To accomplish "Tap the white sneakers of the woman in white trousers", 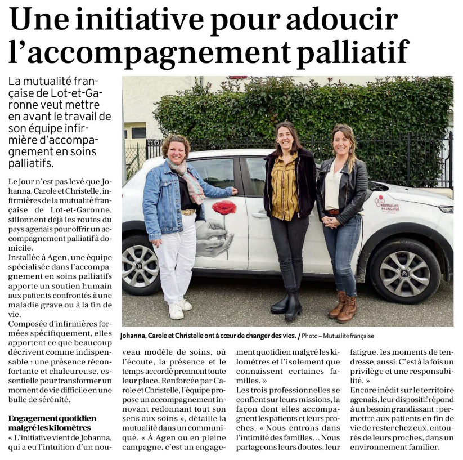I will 179,309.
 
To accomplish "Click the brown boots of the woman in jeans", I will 343,307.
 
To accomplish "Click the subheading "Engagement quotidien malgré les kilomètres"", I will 52,423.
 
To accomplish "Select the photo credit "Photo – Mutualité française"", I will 338,336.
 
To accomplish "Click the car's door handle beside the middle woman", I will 259,215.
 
